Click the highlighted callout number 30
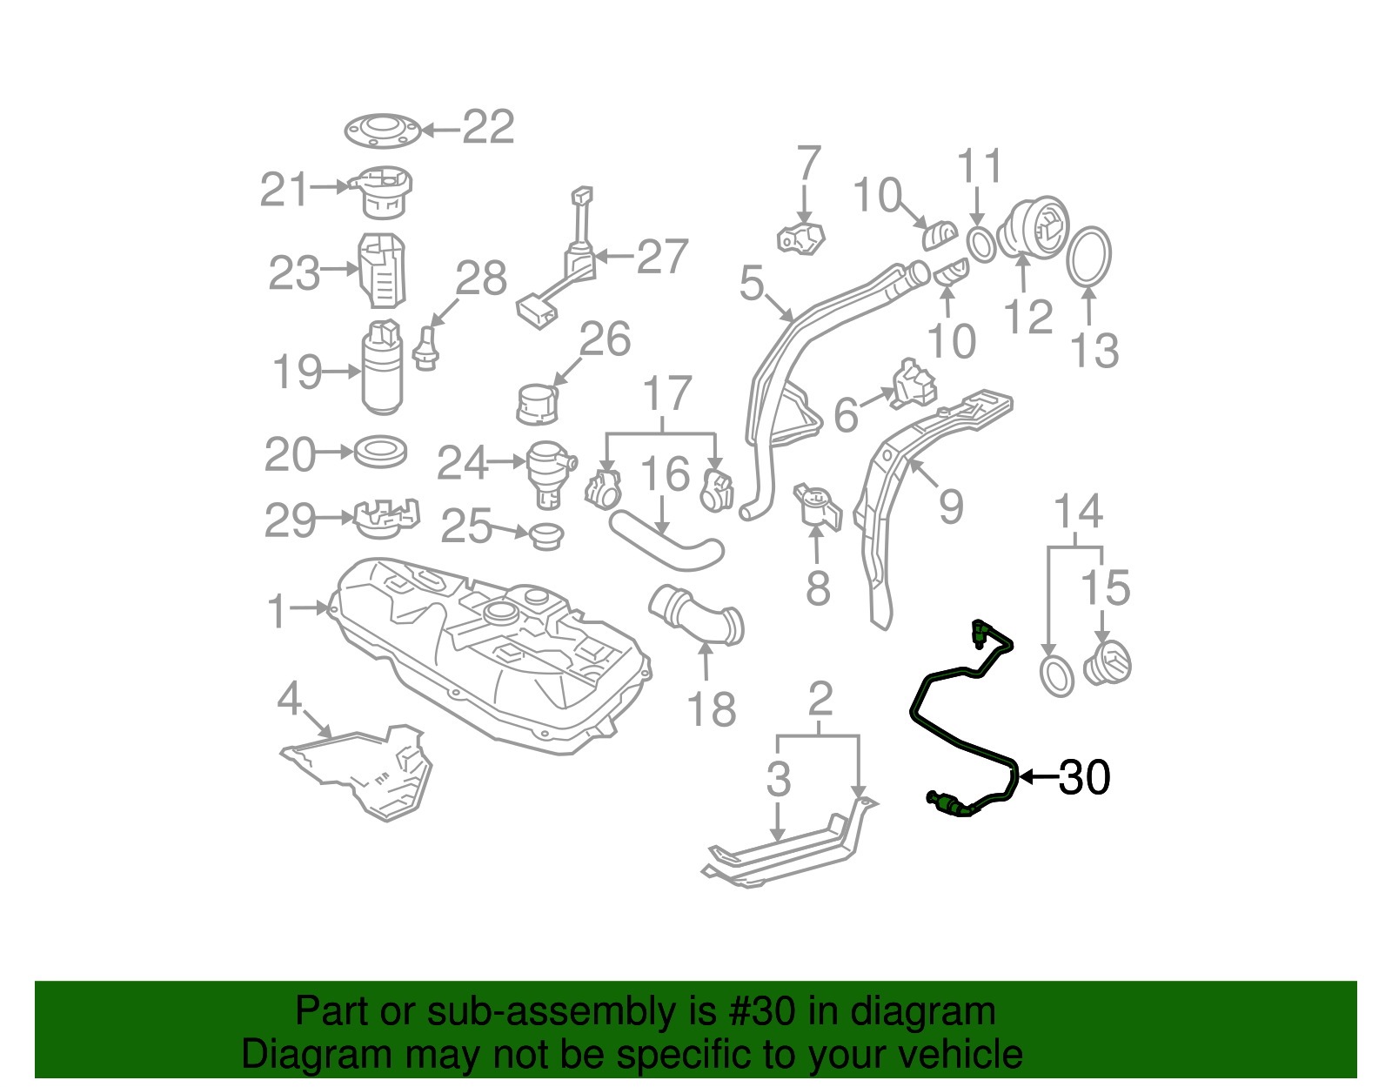coord(1084,777)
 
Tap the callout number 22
coord(488,128)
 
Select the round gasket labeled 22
coord(383,131)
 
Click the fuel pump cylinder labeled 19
coord(383,370)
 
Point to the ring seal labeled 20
coord(381,452)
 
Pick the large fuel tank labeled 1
coord(487,653)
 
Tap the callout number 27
coord(662,257)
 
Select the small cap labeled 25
coord(545,534)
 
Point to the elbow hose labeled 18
coord(696,616)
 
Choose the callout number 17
coord(667,394)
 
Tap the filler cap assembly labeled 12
coord(1032,228)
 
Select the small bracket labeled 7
coord(801,238)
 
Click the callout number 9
coord(951,506)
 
